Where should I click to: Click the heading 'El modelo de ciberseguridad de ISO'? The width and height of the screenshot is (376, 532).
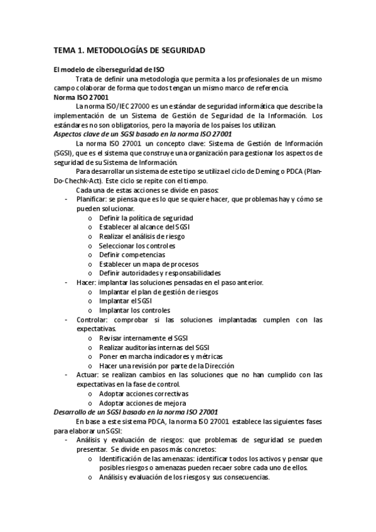click(109, 70)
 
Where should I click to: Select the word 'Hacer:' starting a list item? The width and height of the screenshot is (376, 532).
click(85, 282)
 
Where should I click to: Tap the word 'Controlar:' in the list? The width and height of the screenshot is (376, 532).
click(92, 320)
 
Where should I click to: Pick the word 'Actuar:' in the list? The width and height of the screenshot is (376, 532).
click(87, 375)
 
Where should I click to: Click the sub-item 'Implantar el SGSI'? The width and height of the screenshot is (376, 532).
click(126, 301)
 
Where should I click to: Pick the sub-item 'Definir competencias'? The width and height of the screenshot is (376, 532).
click(132, 255)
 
